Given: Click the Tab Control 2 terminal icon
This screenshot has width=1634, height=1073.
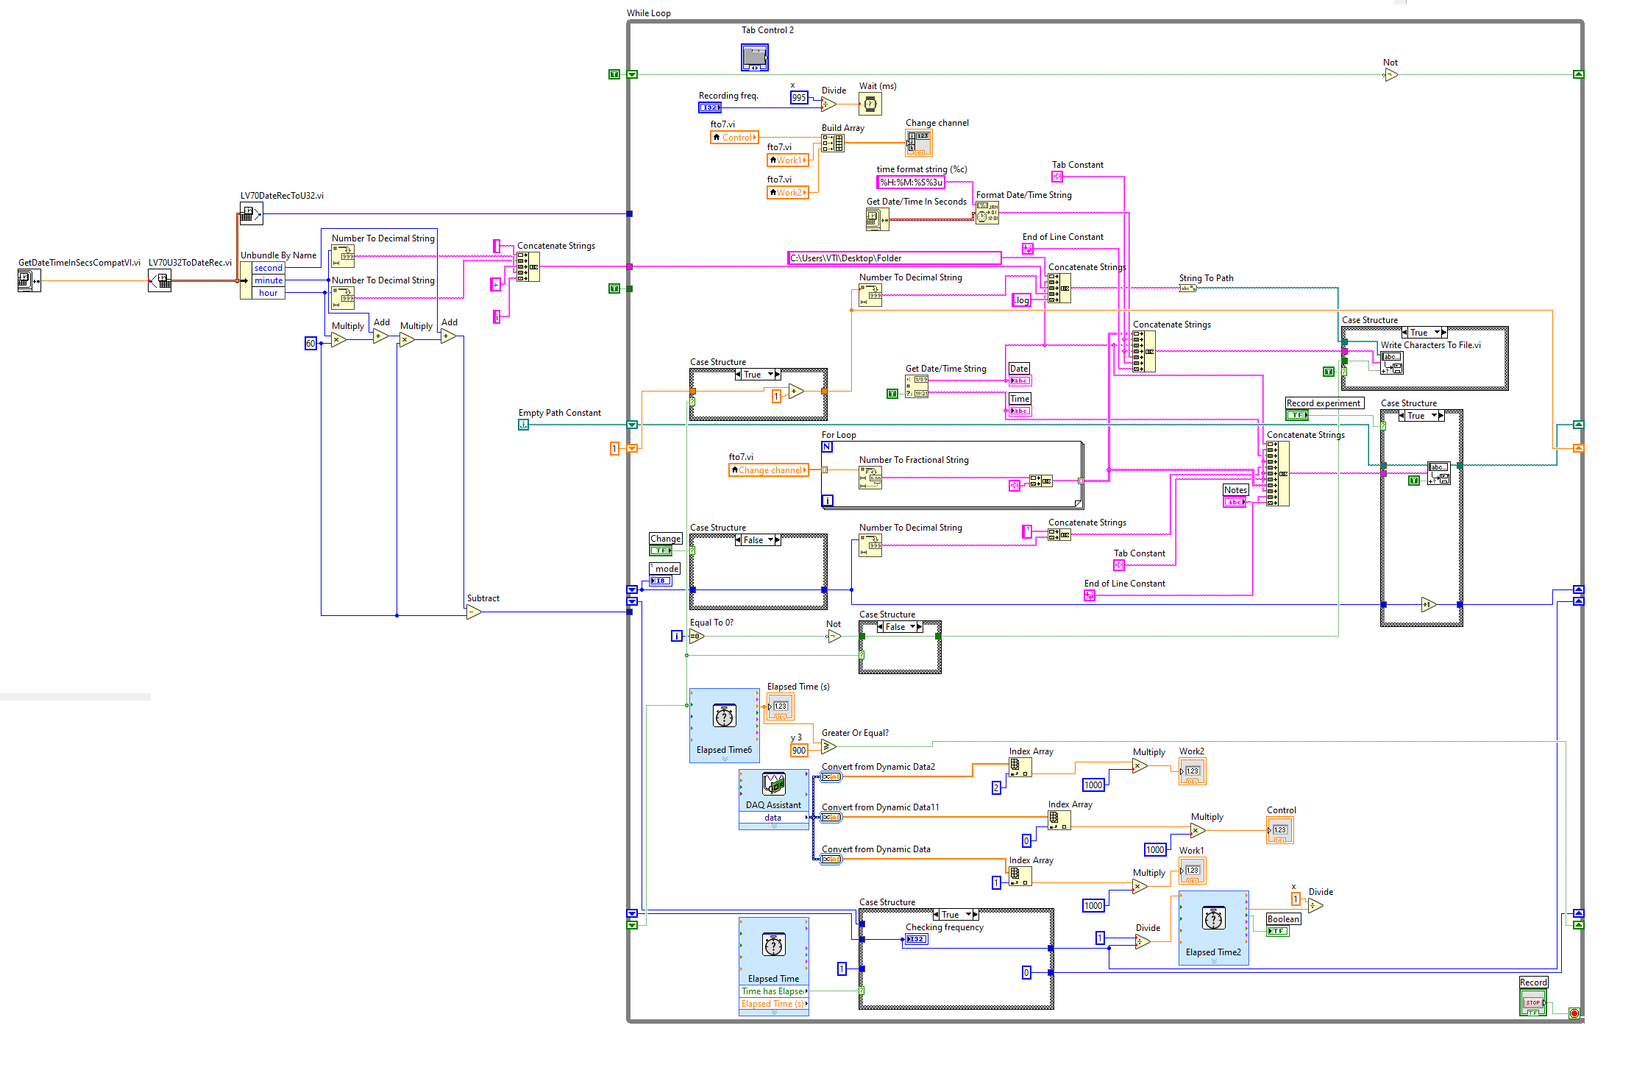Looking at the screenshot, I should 754,57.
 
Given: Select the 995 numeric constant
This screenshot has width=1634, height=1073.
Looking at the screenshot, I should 799,98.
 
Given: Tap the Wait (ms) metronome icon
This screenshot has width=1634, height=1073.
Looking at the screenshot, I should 870,104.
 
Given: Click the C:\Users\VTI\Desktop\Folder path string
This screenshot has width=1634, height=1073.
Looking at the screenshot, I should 893,258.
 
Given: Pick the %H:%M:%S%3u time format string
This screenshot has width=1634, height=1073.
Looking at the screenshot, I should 911,183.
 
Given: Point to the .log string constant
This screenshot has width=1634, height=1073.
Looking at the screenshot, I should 1021,300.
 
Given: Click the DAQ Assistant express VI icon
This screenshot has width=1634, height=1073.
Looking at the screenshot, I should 773,785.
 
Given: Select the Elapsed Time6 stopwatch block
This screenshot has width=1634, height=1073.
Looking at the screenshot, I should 724,717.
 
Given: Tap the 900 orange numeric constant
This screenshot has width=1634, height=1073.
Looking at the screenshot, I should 799,751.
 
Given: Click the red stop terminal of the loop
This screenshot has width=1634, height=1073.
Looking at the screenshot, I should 1574,1013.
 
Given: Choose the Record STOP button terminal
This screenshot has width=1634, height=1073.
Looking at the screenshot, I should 1532,1002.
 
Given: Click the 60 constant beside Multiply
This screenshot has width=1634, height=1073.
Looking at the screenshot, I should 310,344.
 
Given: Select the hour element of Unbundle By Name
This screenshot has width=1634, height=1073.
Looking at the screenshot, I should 268,293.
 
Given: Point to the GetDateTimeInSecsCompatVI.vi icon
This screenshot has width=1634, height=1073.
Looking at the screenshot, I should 29,280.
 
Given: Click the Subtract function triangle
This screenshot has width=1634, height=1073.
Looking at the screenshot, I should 474,612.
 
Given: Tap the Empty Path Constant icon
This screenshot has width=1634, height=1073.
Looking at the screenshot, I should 523,425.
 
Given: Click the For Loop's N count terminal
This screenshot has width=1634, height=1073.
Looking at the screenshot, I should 827,447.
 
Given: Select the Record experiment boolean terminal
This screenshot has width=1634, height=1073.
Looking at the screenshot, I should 1296,415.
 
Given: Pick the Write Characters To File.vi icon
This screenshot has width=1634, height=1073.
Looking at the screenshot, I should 1391,362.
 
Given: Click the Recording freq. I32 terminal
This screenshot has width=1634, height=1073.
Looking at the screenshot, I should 709,107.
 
